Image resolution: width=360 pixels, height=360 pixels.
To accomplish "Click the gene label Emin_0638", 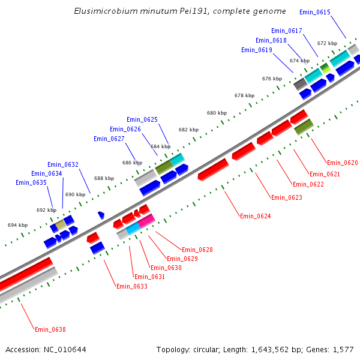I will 50,329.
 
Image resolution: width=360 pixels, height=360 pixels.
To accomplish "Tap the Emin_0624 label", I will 255,216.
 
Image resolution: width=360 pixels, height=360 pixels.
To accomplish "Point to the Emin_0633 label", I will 132,286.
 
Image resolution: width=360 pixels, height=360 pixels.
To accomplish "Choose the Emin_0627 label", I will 109,139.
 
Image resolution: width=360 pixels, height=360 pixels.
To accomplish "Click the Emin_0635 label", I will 31,182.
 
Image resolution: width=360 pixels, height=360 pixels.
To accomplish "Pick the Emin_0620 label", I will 342,163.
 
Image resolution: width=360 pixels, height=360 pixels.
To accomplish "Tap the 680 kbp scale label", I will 217,113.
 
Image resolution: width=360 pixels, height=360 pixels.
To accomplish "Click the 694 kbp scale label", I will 17,225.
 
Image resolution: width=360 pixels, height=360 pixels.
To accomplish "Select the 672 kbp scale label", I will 327,43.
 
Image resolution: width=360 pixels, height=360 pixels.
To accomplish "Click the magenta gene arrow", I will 146,221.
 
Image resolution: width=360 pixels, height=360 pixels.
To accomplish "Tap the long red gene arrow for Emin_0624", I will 213,169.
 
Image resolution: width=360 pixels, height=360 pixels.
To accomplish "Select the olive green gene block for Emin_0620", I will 304,127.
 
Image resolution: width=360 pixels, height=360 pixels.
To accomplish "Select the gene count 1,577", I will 342,349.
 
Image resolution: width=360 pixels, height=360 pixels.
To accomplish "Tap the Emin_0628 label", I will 197,250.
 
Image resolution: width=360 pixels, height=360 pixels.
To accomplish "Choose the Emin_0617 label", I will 287,31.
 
